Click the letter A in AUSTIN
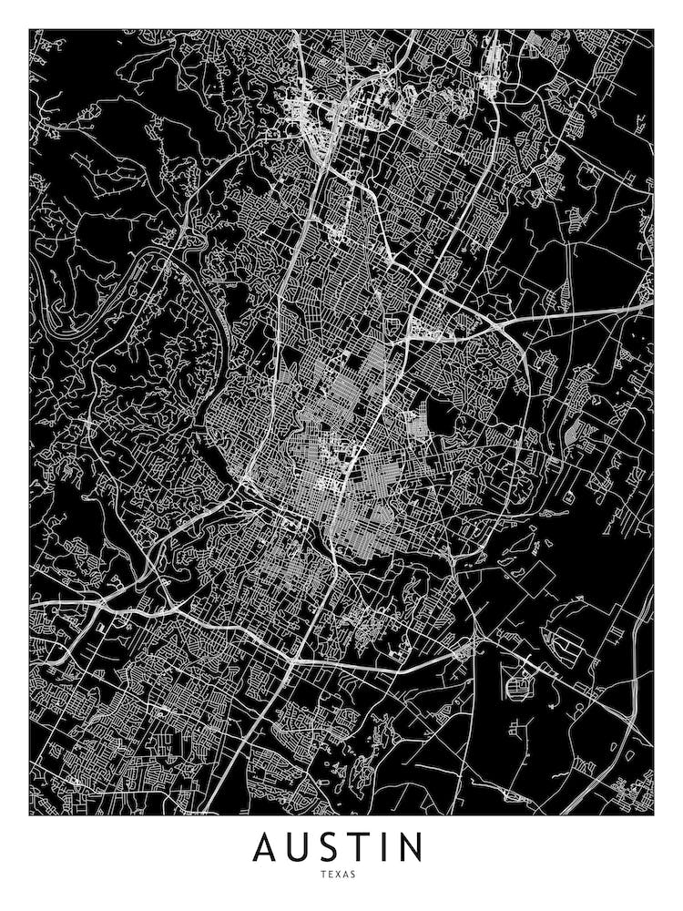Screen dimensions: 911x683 coord(267,846)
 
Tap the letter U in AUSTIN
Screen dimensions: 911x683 coord(301,847)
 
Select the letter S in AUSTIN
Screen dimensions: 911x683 coord(333,846)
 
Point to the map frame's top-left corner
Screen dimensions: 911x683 coord(29,29)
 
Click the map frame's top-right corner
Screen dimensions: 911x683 coord(654,29)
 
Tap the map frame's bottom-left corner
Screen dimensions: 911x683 coord(29,815)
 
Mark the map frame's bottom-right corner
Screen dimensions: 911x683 coord(654,815)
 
